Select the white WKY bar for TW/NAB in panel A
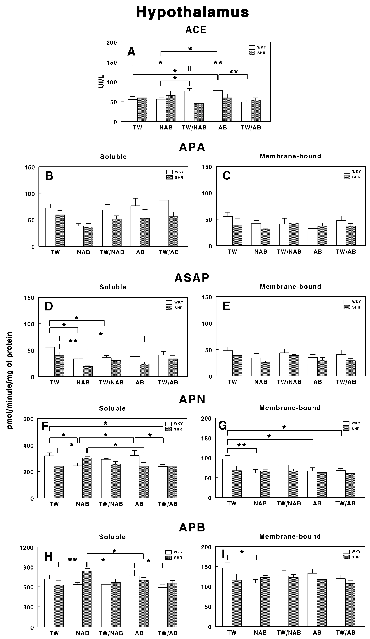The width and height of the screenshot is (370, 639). pos(189,106)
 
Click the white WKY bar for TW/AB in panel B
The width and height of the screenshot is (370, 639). pos(164,223)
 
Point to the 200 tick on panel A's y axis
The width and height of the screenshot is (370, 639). pos(112,43)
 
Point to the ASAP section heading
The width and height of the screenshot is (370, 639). pos(192,278)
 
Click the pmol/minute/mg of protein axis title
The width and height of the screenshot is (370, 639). pos(10,380)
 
